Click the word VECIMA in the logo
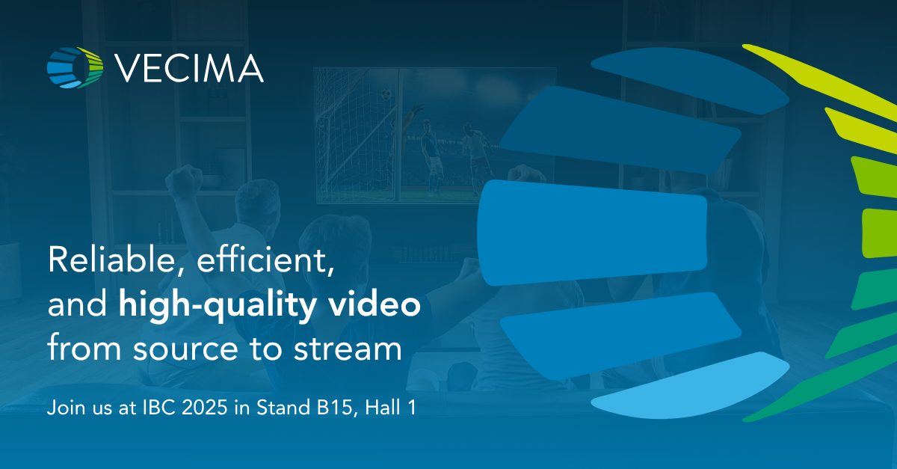[x=189, y=69]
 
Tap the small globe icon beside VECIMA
[x=75, y=68]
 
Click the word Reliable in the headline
[x=111, y=260]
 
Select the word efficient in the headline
[x=265, y=260]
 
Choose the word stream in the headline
[x=348, y=348]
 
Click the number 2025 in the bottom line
[x=205, y=408]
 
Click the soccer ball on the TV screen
[x=386, y=94]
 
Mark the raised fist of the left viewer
[x=185, y=177]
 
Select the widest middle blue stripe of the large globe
[x=592, y=233]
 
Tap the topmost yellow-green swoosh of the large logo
[x=820, y=80]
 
